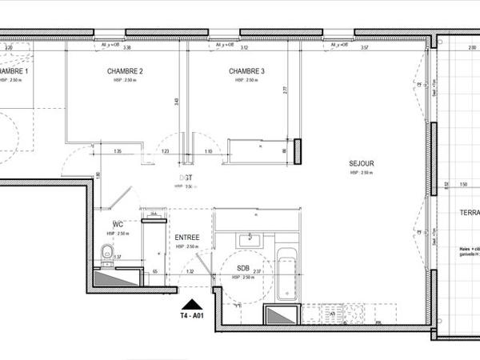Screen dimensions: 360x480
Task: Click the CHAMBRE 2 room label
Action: point(125,71)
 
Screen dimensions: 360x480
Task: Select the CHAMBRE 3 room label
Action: point(246,71)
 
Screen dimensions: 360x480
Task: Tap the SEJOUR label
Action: point(362,164)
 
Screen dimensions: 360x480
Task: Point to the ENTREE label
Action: point(186,238)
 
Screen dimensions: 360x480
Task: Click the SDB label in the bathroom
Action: point(243,268)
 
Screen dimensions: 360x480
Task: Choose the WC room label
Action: point(117,224)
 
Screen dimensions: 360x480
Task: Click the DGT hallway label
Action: point(185,178)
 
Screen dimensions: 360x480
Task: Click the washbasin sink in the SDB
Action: point(251,238)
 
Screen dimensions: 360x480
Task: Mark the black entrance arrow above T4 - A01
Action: point(190,303)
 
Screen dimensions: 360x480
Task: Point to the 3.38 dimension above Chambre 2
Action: point(126,47)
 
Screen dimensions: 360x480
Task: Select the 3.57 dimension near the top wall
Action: point(364,47)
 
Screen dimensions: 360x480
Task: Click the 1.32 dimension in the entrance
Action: point(190,272)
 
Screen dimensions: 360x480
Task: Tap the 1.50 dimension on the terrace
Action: point(463,185)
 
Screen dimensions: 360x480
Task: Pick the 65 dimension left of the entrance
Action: point(154,272)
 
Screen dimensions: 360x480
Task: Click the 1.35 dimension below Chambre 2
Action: point(118,151)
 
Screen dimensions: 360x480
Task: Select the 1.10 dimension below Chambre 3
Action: point(208,151)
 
